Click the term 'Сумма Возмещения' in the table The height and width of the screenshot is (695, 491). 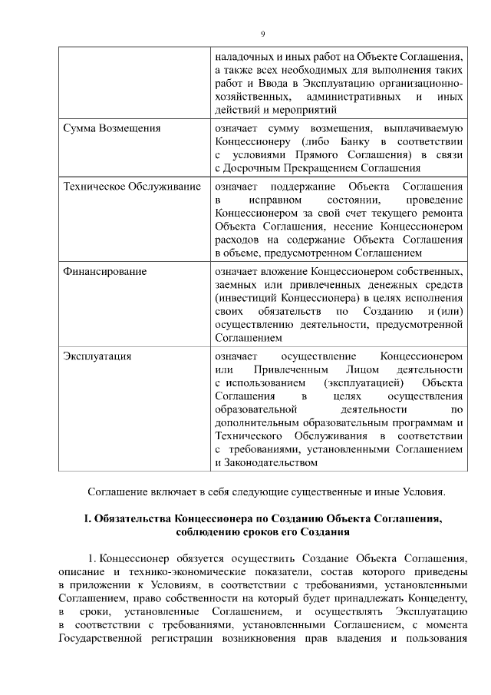tap(111, 127)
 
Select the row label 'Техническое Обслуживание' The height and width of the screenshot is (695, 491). tap(132, 187)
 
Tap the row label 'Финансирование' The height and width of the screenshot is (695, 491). tap(105, 272)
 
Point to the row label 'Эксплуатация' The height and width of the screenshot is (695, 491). tap(97, 356)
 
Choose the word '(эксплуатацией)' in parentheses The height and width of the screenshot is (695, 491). tap(364, 382)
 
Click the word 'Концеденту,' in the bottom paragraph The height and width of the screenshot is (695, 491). tap(431, 597)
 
